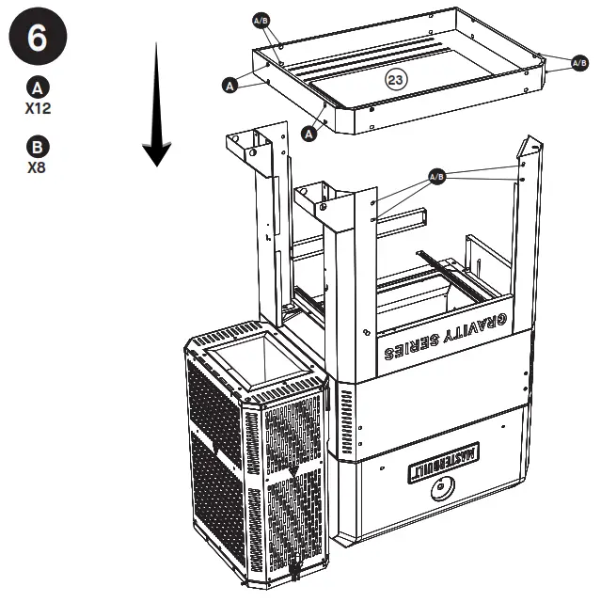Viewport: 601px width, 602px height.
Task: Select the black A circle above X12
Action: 38,88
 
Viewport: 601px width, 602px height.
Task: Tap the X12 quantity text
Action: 38,108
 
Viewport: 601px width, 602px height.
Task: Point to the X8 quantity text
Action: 38,168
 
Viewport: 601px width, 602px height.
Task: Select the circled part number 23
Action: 395,80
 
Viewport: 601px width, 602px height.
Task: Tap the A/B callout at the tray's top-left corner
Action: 261,19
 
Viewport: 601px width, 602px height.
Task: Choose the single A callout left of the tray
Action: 229,85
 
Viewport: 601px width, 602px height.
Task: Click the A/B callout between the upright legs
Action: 436,176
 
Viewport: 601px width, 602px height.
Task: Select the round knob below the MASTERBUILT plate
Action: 440,490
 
